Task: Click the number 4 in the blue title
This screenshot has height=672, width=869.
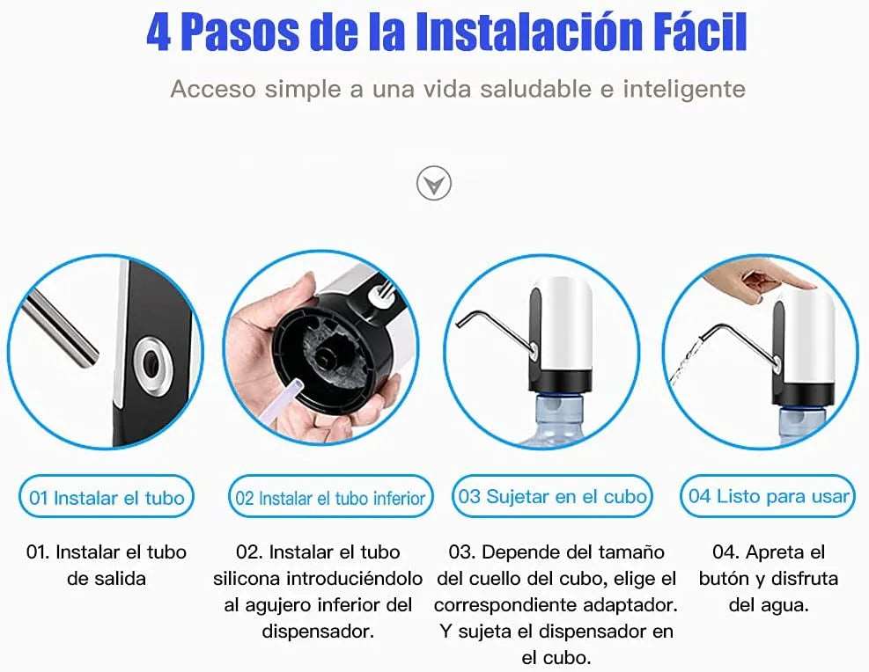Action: [x=159, y=33]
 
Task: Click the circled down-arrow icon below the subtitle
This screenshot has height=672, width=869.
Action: [x=433, y=184]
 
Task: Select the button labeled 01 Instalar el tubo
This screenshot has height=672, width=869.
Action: [x=107, y=498]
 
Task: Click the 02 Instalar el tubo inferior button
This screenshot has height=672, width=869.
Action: [x=330, y=498]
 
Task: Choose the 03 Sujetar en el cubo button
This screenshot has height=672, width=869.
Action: [x=553, y=496]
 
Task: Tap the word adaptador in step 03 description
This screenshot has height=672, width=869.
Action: [x=632, y=605]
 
